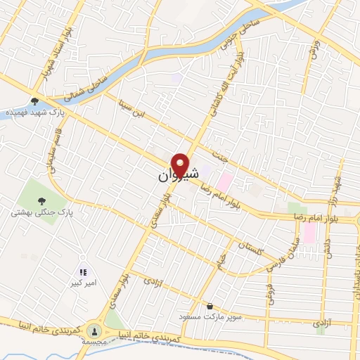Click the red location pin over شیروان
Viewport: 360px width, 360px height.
tap(181, 165)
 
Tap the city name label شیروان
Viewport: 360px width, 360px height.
tap(172, 176)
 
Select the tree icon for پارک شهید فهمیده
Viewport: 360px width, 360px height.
tap(34, 101)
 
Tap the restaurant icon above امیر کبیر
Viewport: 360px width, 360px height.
tap(83, 271)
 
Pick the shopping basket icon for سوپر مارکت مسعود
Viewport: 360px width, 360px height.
tap(210, 307)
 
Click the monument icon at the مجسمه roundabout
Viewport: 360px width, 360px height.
tap(95, 330)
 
